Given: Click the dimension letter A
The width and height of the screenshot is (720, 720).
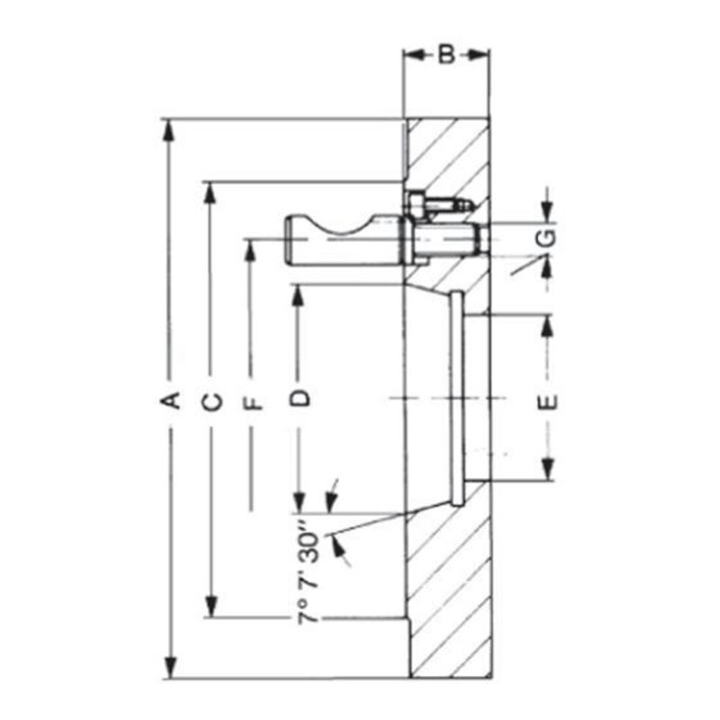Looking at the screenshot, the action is [170, 400].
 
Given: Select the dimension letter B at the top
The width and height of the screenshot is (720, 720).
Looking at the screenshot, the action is [445, 55].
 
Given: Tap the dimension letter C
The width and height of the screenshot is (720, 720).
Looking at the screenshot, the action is [212, 402].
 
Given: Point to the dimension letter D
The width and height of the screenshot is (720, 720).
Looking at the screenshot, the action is [301, 398].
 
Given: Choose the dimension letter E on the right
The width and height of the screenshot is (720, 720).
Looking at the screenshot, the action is [548, 401].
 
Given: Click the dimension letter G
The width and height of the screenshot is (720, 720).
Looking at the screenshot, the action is [547, 238].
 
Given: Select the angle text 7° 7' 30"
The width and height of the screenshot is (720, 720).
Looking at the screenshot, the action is [309, 571].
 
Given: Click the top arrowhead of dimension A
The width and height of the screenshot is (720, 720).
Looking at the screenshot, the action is [170, 130].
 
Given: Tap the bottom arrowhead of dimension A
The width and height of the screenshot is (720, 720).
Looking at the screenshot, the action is [170, 667].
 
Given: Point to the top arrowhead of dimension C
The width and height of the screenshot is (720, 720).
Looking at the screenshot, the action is [211, 193].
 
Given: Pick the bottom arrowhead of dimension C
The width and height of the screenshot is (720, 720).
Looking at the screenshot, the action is [211, 606].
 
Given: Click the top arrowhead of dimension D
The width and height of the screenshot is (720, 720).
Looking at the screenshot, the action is [299, 296].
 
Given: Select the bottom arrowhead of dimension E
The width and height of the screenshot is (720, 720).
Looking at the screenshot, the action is [547, 469].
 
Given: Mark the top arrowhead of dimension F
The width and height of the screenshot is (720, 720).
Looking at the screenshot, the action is [250, 251].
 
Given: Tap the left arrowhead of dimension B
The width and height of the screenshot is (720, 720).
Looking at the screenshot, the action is [415, 55].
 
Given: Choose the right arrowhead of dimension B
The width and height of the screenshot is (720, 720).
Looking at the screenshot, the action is [478, 55].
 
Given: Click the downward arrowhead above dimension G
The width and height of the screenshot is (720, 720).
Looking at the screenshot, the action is [546, 211].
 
